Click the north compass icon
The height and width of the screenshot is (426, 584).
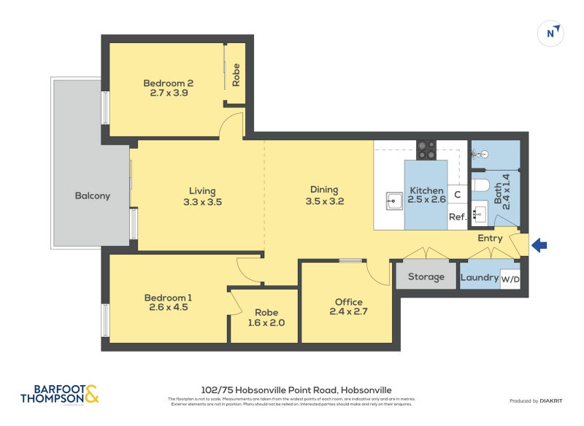point(551,34)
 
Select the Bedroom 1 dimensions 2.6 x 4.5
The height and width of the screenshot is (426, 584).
point(168,308)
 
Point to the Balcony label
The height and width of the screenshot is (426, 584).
point(93,195)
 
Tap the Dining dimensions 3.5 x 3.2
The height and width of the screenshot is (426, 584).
point(324,201)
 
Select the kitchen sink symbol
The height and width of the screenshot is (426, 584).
point(393,200)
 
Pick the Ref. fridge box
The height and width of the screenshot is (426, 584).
point(458,217)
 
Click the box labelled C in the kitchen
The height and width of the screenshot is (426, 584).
point(458,195)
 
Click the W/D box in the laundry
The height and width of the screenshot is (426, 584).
point(510,279)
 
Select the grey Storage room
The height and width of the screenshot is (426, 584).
point(426,276)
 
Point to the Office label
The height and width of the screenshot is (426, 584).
point(348,302)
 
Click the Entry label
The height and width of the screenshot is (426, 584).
point(490,238)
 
